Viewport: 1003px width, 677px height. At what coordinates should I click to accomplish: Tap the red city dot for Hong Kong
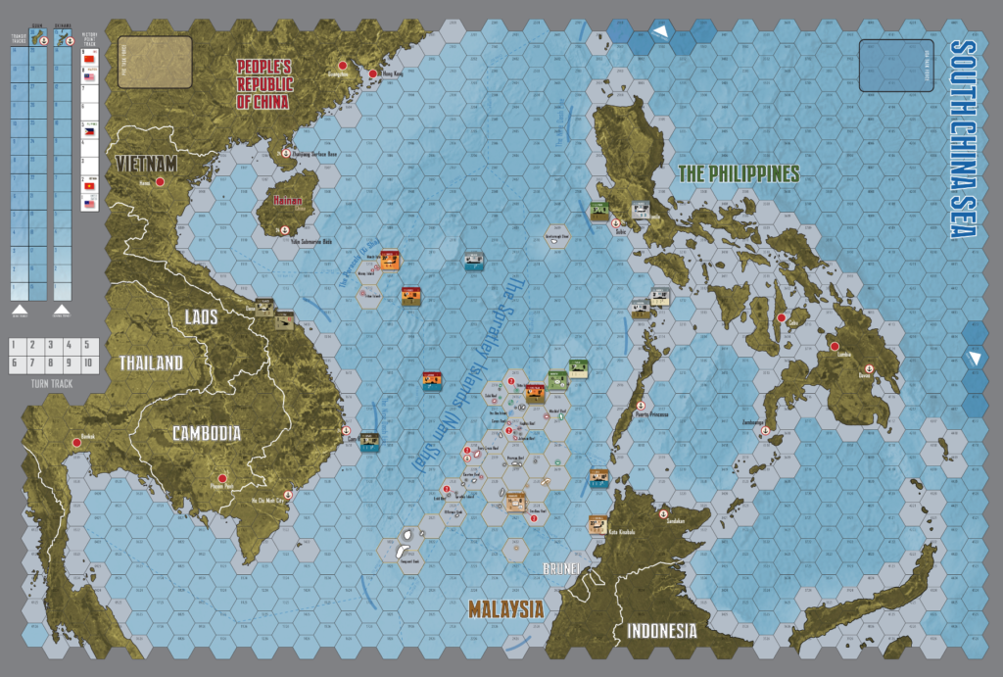pyautogui.click(x=373, y=73)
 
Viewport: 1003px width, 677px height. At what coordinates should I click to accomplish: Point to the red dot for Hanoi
pyautogui.click(x=172, y=182)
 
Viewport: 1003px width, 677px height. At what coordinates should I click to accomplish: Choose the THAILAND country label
pyautogui.click(x=151, y=363)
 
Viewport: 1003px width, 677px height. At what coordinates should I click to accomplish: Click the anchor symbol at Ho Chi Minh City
pyautogui.click(x=287, y=495)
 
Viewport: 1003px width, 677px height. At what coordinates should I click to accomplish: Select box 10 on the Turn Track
pyautogui.click(x=89, y=363)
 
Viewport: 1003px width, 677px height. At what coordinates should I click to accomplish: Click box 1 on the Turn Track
pyautogui.click(x=16, y=346)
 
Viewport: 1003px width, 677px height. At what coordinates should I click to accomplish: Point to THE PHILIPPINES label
pyautogui.click(x=739, y=173)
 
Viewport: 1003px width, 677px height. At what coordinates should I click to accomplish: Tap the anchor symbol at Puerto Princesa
pyautogui.click(x=640, y=406)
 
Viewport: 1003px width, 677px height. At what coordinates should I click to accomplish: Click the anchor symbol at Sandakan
pyautogui.click(x=662, y=515)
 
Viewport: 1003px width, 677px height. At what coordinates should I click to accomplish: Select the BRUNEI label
pyautogui.click(x=564, y=568)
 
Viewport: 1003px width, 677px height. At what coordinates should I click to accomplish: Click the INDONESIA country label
pyautogui.click(x=662, y=630)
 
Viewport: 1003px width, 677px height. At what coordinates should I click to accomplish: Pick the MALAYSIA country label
pyautogui.click(x=505, y=608)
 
